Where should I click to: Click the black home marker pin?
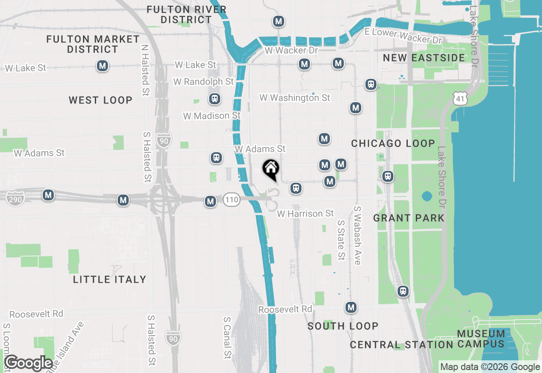click(x=271, y=170)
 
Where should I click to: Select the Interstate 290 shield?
click(x=15, y=198)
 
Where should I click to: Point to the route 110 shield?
click(x=232, y=200)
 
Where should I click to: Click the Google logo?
click(x=28, y=363)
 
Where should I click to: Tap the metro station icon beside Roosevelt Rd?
click(x=351, y=307)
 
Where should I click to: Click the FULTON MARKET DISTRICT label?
click(x=93, y=44)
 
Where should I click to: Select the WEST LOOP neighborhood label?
click(x=101, y=100)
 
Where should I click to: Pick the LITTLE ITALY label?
click(x=110, y=279)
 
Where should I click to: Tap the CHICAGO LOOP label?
click(x=393, y=143)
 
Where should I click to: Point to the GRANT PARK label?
click(x=409, y=218)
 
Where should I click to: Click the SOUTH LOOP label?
click(x=343, y=326)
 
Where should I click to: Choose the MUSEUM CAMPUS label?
click(x=481, y=339)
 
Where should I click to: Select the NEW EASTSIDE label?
click(x=424, y=58)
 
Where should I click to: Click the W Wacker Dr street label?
click(x=291, y=50)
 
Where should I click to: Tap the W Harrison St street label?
click(x=305, y=214)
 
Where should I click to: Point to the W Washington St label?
click(x=295, y=98)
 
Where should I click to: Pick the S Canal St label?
click(x=227, y=343)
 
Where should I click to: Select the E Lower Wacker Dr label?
click(x=403, y=36)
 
